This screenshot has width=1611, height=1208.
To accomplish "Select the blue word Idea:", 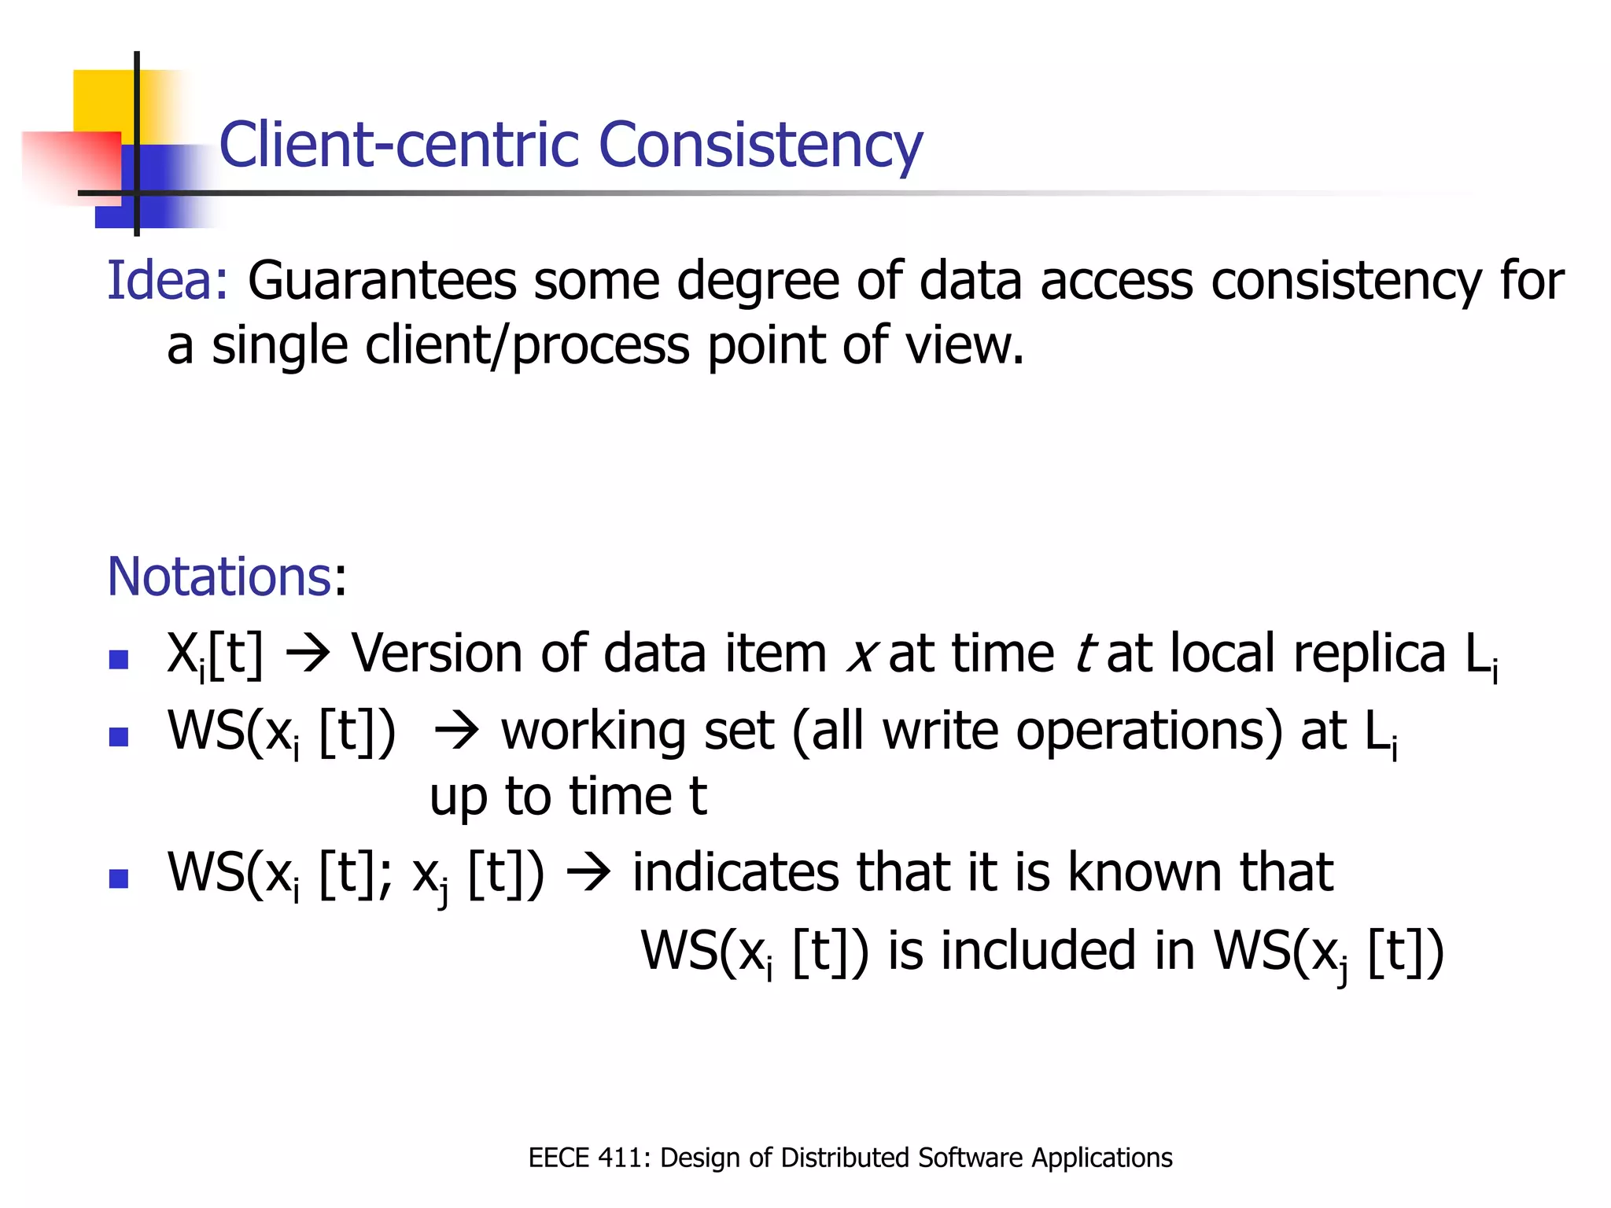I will tap(167, 281).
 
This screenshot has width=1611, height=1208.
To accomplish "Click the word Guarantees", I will tap(382, 281).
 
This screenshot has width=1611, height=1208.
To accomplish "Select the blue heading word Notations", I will tap(219, 576).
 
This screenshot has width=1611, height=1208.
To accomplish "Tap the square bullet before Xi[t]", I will tap(119, 658).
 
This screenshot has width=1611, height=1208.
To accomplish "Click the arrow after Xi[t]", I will tap(308, 655).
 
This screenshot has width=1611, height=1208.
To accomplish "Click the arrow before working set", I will tap(456, 732).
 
